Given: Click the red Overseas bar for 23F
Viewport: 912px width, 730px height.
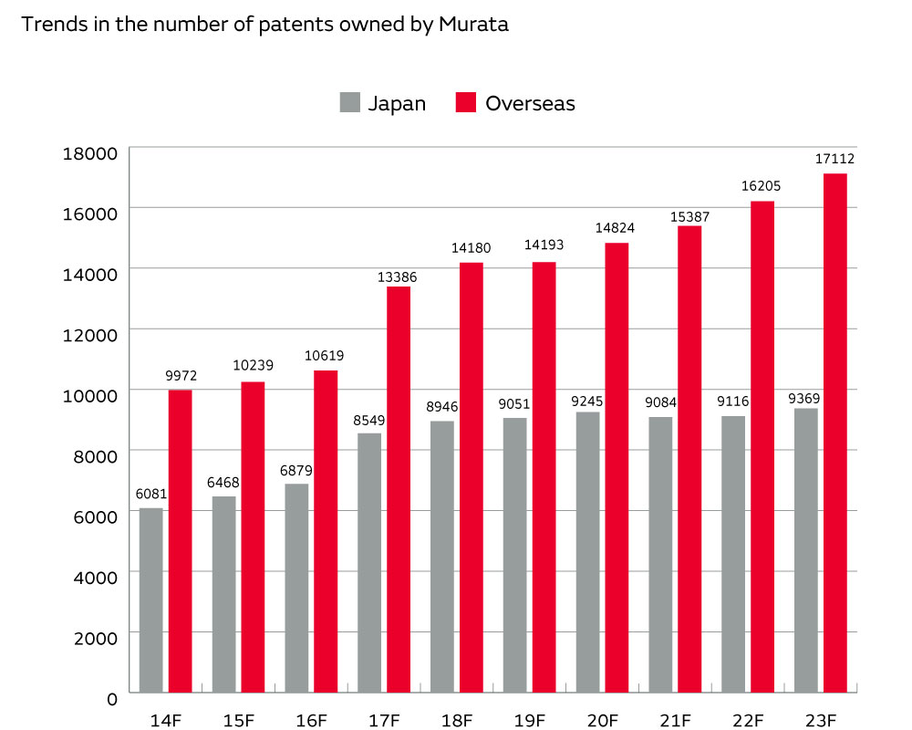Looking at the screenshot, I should click(834, 433).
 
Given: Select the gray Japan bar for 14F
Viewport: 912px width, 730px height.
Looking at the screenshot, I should click(150, 600).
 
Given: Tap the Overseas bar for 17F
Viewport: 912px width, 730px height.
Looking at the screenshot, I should click(398, 489).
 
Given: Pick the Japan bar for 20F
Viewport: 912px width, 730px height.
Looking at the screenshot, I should click(588, 553).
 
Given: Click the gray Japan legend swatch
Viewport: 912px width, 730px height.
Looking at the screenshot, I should click(349, 102).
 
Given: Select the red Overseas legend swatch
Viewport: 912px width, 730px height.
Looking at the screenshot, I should click(466, 102).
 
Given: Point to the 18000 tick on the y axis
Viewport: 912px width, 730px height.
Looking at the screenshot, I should click(90, 152).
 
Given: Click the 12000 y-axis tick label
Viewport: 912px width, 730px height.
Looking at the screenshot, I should click(90, 334).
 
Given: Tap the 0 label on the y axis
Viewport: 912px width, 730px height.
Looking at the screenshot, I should click(112, 699).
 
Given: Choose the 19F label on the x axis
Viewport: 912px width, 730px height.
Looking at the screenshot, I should click(530, 721).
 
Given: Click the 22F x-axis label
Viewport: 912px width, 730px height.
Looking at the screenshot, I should click(748, 721).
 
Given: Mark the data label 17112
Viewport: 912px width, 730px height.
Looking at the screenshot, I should click(834, 159).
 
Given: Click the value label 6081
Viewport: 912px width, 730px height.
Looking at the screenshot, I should click(150, 494).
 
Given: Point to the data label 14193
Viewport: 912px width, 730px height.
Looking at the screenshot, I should click(544, 247).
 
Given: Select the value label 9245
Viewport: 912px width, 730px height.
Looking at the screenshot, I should click(588, 400).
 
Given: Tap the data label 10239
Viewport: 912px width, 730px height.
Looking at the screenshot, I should click(253, 366).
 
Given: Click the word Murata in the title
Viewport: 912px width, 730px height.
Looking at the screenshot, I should click(475, 25).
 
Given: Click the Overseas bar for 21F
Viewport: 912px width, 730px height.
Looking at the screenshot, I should click(689, 460).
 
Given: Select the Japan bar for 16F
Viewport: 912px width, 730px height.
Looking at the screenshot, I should click(296, 589).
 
